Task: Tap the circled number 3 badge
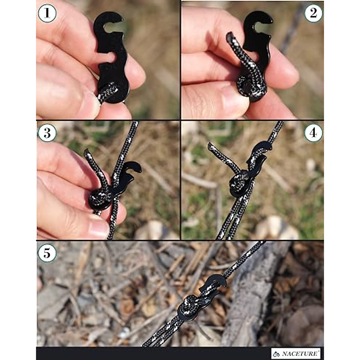(47, 133)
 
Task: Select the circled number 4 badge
(313, 133)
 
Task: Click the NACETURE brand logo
(296, 353)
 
